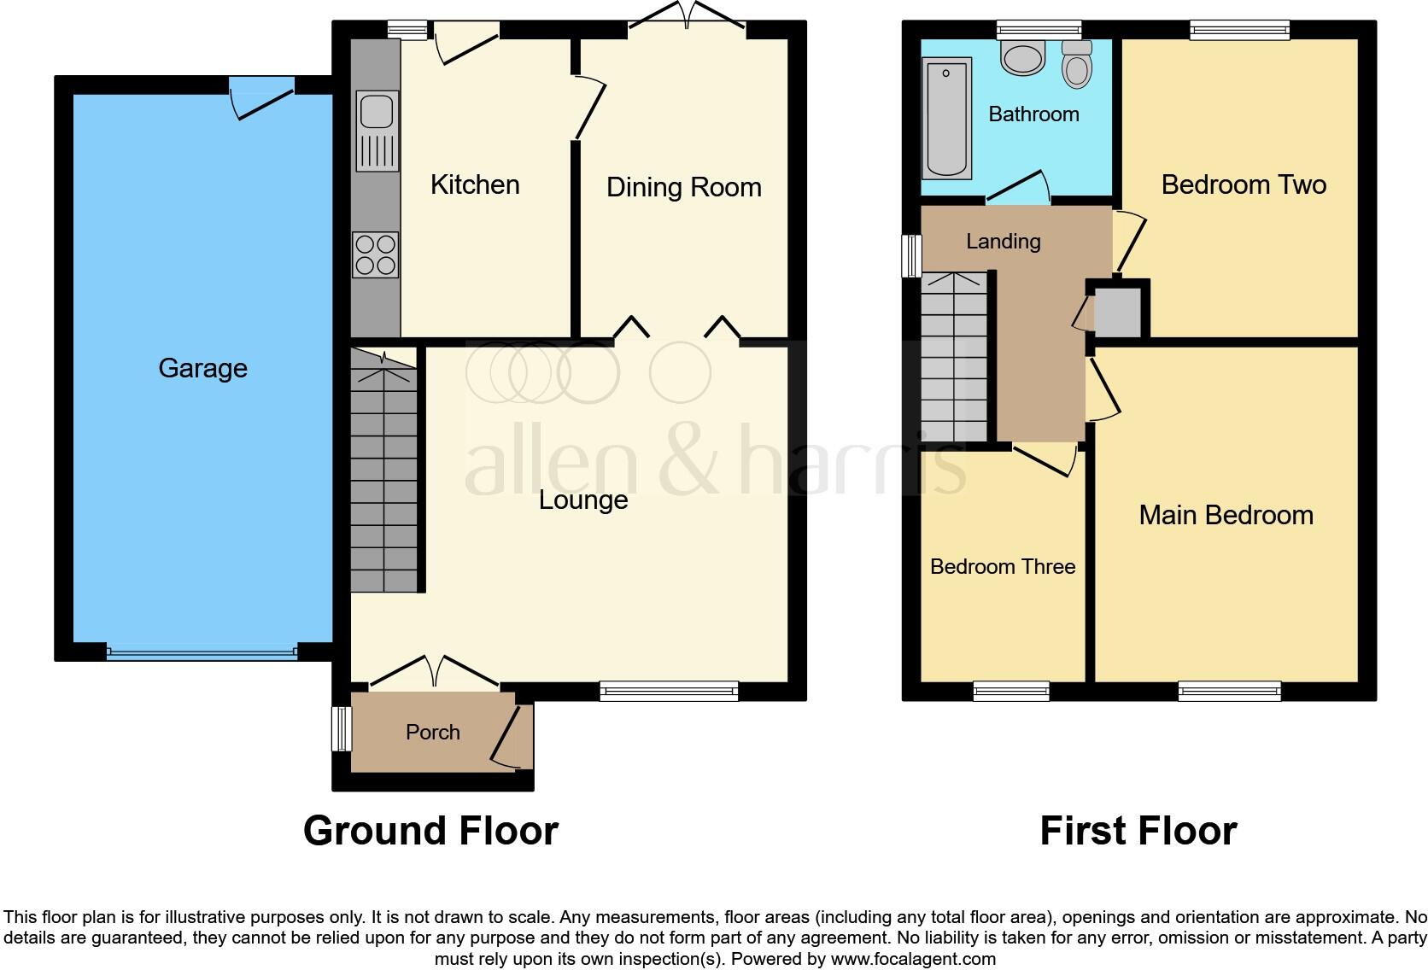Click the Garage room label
(x=202, y=368)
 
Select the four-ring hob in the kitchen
(x=376, y=254)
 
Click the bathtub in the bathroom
(x=947, y=118)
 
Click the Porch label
(x=432, y=733)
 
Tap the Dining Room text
(x=683, y=187)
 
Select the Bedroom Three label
(x=1002, y=567)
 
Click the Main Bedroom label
(x=1226, y=515)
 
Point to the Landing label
(x=1003, y=242)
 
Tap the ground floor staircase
(x=384, y=478)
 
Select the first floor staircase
(x=954, y=359)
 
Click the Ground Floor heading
(x=430, y=831)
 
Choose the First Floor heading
(x=1138, y=831)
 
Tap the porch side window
(x=342, y=728)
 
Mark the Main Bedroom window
(x=1229, y=691)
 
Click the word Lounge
(x=583, y=500)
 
